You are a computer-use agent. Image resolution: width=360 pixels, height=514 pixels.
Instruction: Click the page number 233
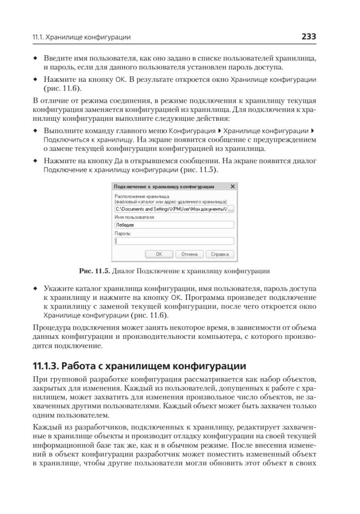tap(308, 37)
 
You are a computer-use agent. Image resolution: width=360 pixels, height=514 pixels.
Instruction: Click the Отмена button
tap(189, 254)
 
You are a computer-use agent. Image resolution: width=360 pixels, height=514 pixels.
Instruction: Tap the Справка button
tap(220, 254)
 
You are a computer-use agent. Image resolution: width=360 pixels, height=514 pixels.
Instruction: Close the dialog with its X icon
tap(232, 187)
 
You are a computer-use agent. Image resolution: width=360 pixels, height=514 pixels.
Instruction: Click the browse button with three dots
tap(231, 209)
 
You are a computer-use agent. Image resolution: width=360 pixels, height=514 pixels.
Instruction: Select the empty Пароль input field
tap(174, 241)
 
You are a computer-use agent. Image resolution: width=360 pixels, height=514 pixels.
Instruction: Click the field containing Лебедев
tap(174, 225)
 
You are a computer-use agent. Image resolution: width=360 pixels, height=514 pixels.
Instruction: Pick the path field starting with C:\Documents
tap(170, 209)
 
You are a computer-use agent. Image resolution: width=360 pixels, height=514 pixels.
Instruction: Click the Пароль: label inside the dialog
tap(123, 233)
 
